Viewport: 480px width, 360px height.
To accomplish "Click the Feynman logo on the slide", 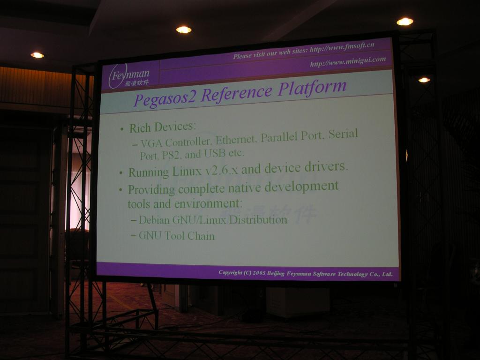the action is pos(129,76).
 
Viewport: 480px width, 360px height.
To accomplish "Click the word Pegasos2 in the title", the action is pos(165,99).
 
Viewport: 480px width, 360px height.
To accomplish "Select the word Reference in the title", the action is pos(237,93).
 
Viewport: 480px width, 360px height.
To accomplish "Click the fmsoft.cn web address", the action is pos(342,47).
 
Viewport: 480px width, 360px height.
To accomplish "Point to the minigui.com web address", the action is pos(348,61).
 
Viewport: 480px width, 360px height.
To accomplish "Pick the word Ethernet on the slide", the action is pos(236,140).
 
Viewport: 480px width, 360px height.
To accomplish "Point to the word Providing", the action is pos(151,190).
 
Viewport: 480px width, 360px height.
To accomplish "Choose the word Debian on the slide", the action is pos(154,220).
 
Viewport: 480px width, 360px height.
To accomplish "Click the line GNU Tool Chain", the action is pos(177,236).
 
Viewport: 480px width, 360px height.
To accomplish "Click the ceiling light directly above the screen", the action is pos(184,30).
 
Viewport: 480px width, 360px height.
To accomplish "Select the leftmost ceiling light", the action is pos(37,55).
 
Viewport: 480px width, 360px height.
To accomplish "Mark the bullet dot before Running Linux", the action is pos(121,173).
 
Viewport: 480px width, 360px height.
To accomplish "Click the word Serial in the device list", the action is pos(343,134).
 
